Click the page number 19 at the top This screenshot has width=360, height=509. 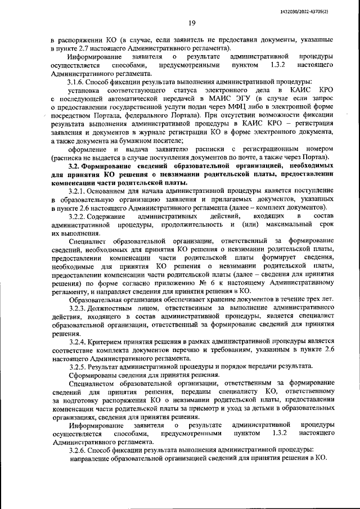[x=191, y=23]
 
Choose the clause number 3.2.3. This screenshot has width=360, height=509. [x=77, y=309]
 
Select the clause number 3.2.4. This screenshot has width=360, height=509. [x=77, y=341]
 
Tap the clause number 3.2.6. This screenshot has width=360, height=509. [x=77, y=450]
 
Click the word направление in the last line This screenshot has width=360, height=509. [x=91, y=458]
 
